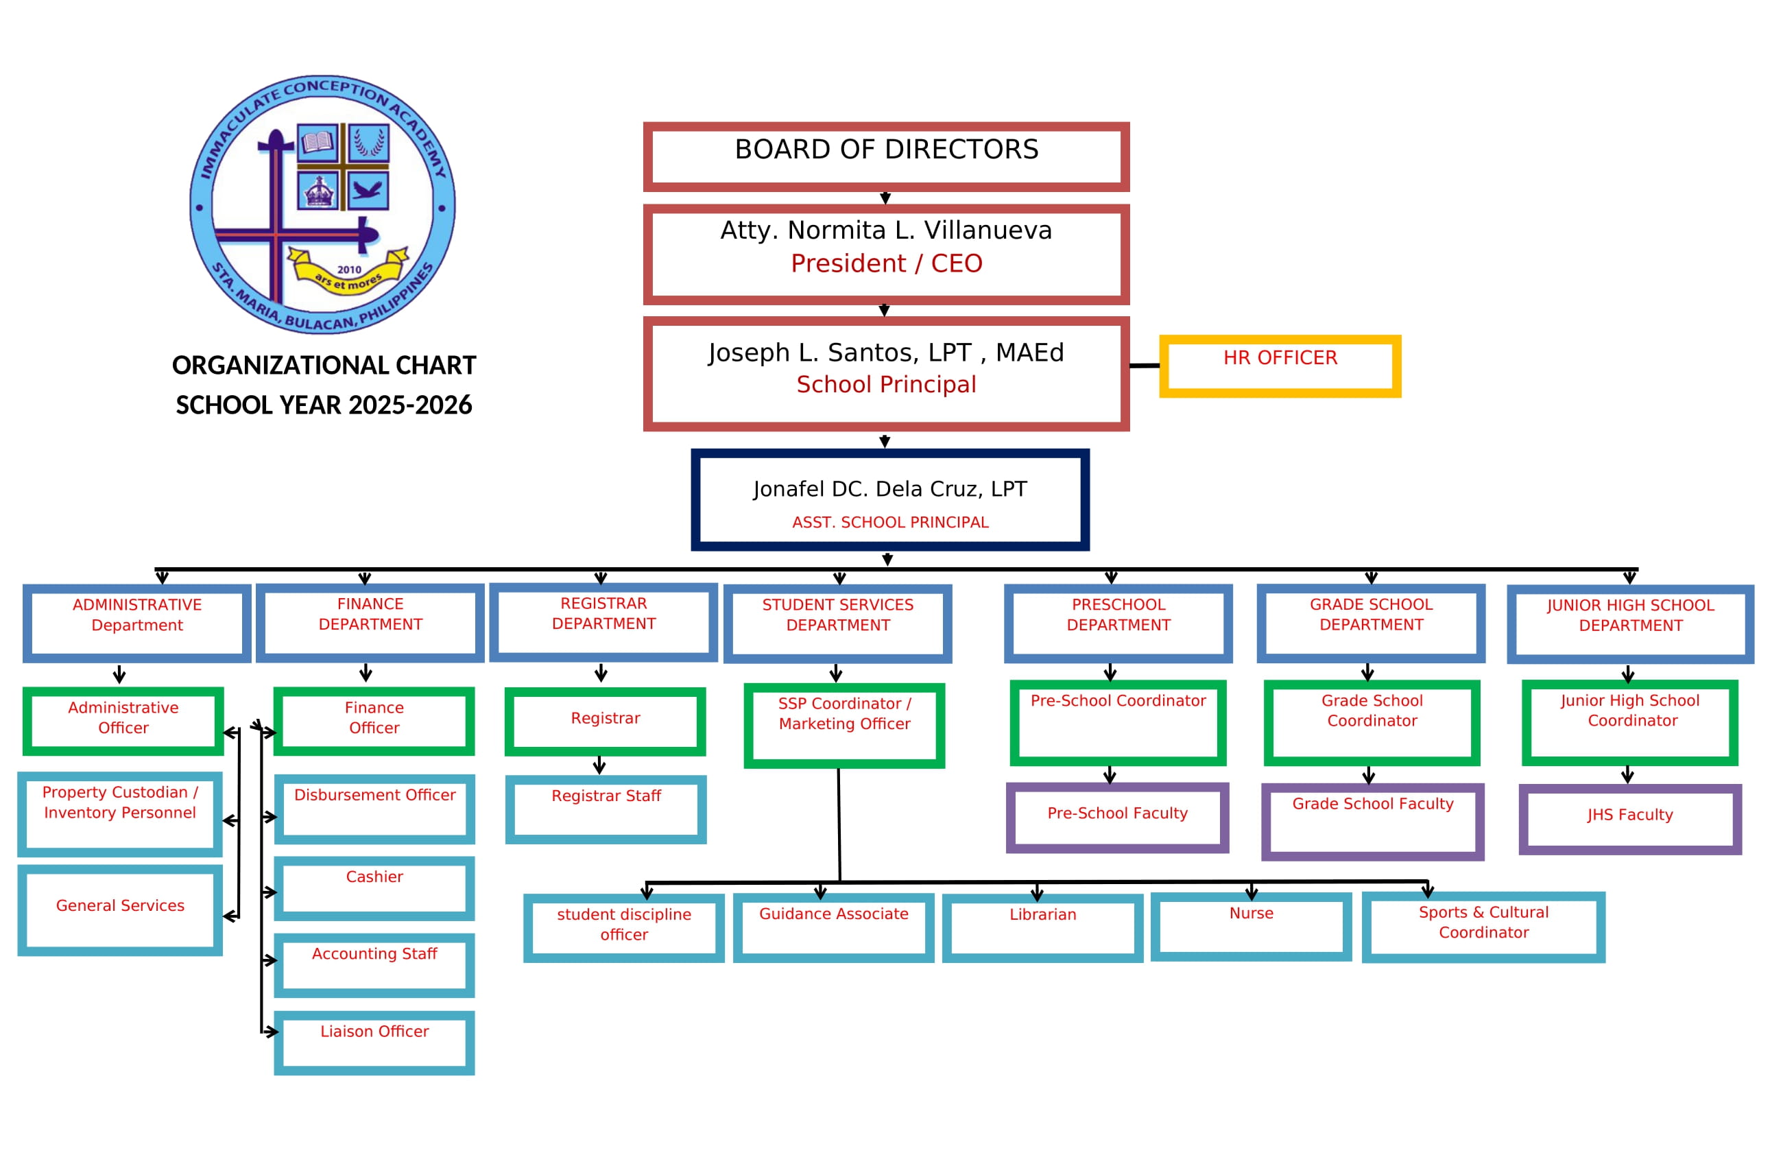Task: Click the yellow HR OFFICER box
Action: pyautogui.click(x=1280, y=366)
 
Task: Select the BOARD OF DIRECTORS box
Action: pyautogui.click(x=886, y=156)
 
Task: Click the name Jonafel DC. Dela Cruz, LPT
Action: pyautogui.click(x=890, y=488)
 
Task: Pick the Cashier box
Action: pyautogui.click(x=374, y=889)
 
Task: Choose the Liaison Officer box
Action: pyautogui.click(x=374, y=1043)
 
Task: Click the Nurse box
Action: pyautogui.click(x=1250, y=926)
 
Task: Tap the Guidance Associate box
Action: pyautogui.click(x=833, y=927)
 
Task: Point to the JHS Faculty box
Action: pyautogui.click(x=1629, y=819)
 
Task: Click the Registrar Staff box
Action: pyautogui.click(x=606, y=809)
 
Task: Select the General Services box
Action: pyautogui.click(x=120, y=909)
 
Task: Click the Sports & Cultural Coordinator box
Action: pyautogui.click(x=1483, y=927)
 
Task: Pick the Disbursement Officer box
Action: pyautogui.click(x=374, y=809)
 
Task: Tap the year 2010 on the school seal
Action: pyautogui.click(x=349, y=270)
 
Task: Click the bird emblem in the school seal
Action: pyautogui.click(x=368, y=189)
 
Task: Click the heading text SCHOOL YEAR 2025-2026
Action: pyautogui.click(x=324, y=405)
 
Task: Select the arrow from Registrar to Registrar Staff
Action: pyautogui.click(x=599, y=765)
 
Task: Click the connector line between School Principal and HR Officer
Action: pyautogui.click(x=1144, y=366)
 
